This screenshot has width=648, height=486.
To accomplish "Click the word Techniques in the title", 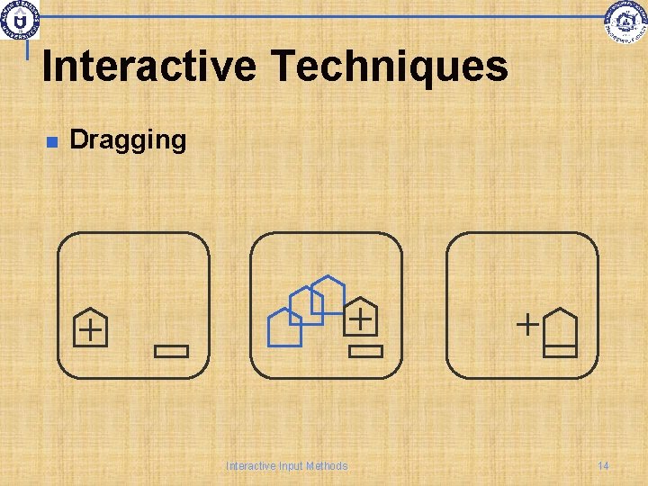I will click(389, 67).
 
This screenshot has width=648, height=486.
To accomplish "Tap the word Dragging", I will click(128, 139).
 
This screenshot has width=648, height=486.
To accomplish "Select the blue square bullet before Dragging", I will click(51, 141).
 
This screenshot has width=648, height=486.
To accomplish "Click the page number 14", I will click(603, 465).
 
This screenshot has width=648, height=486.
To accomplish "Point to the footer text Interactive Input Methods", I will click(286, 465).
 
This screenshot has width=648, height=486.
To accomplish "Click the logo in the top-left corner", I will click(20, 19).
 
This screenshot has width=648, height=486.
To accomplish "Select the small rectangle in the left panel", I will click(171, 351).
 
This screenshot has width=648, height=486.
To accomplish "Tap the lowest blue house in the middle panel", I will click(285, 328).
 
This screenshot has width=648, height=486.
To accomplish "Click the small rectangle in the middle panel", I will click(365, 351).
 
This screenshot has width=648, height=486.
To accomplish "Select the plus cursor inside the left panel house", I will click(90, 330).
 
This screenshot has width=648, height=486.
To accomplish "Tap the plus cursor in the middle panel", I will click(360, 318).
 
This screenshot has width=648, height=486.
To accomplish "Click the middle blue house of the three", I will click(306, 305).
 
